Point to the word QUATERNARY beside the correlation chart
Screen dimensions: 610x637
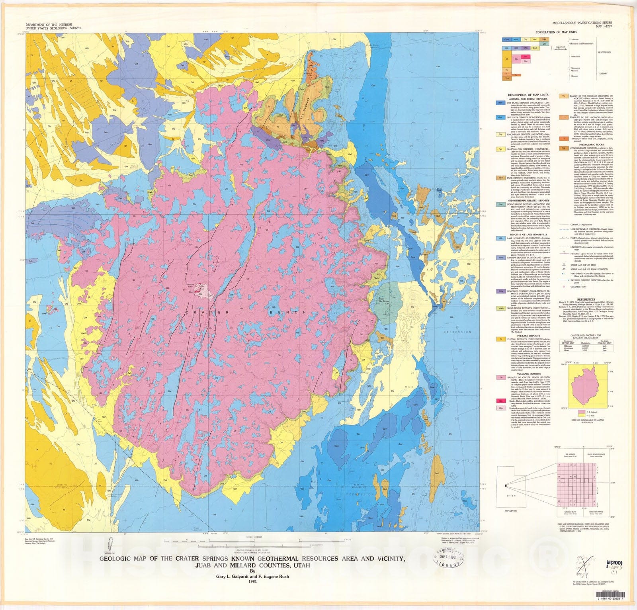[604, 52]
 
